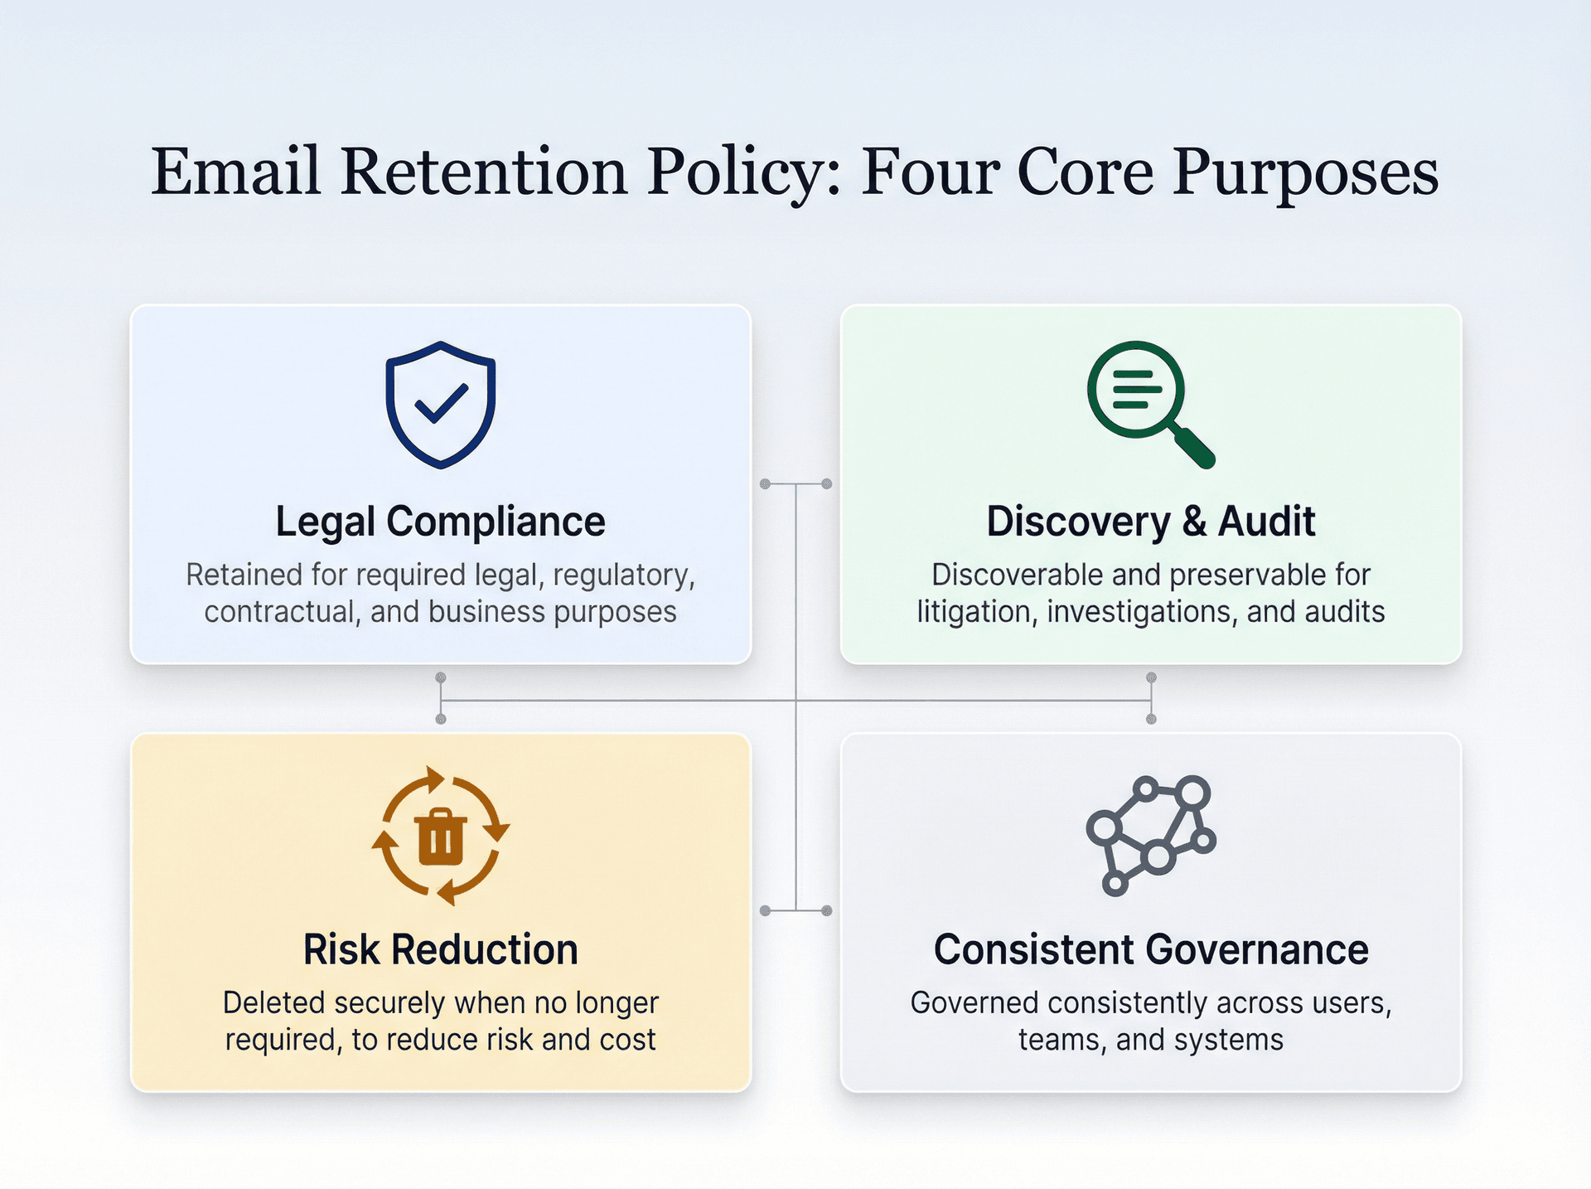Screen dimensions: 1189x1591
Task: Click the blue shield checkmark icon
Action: [x=440, y=405]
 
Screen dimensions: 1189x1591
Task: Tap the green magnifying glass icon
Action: [x=1148, y=401]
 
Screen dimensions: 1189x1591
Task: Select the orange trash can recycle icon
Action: [x=440, y=835]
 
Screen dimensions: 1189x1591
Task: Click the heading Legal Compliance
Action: [x=440, y=522]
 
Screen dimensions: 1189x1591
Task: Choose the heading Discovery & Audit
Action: [x=1150, y=522]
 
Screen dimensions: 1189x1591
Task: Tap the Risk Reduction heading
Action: [x=440, y=949]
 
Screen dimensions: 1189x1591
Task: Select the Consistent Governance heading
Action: [x=1150, y=949]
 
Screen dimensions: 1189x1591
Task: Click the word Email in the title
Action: [x=235, y=172]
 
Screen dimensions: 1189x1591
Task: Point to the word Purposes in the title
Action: [x=1305, y=172]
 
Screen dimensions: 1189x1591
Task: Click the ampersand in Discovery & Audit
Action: [x=1194, y=522]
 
